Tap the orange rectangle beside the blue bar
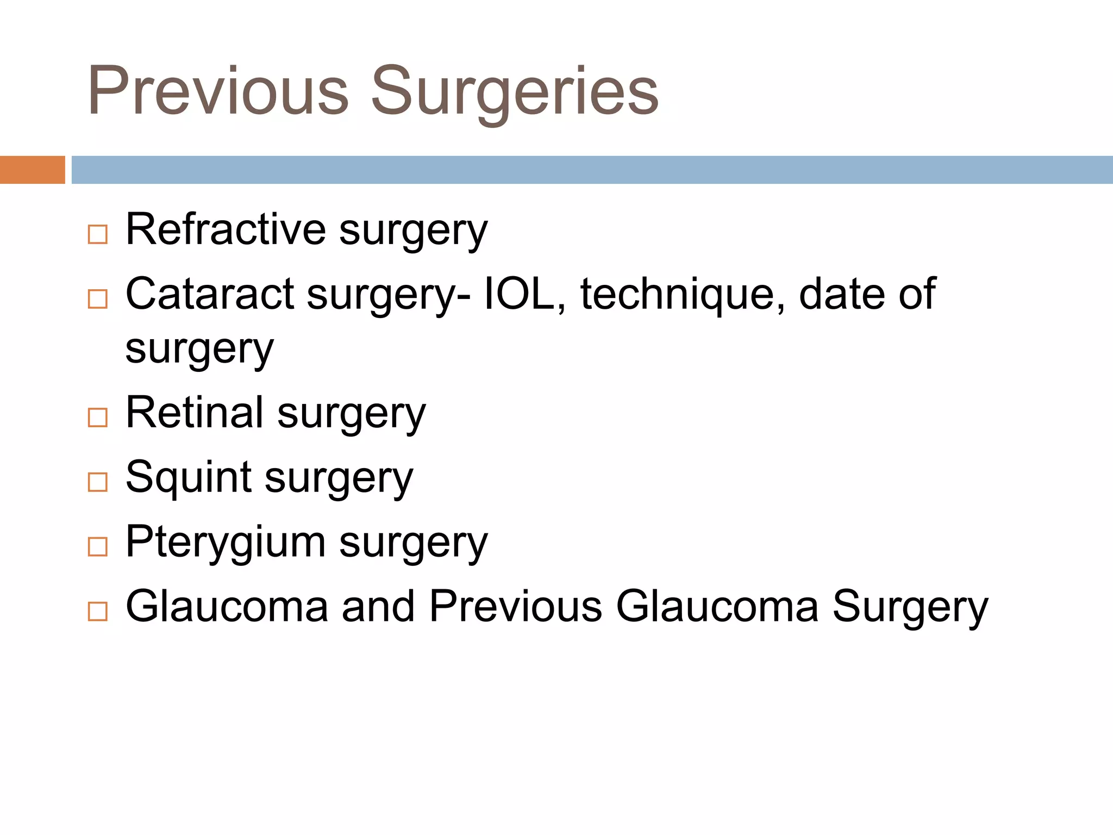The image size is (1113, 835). [x=32, y=170]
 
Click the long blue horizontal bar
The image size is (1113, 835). [x=592, y=170]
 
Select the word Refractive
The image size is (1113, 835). [x=226, y=229]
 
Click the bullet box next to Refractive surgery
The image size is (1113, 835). [x=98, y=235]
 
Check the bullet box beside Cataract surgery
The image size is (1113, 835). [x=98, y=299]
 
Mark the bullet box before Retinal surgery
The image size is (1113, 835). [x=98, y=418]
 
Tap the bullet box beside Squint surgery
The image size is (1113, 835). [x=98, y=482]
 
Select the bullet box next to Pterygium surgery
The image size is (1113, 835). [x=98, y=547]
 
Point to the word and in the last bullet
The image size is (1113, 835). [x=378, y=606]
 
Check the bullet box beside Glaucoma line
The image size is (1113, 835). [x=98, y=612]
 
